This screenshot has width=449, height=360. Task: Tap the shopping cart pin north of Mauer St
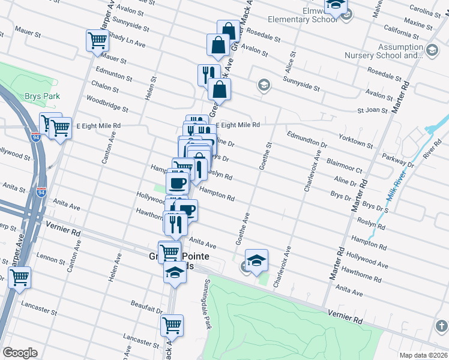click(97, 41)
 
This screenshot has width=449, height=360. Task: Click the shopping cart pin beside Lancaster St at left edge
click(19, 278)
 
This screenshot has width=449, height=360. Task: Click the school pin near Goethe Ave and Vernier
click(256, 260)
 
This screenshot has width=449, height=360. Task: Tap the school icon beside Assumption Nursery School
click(431, 52)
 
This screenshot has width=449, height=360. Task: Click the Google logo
click(20, 353)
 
